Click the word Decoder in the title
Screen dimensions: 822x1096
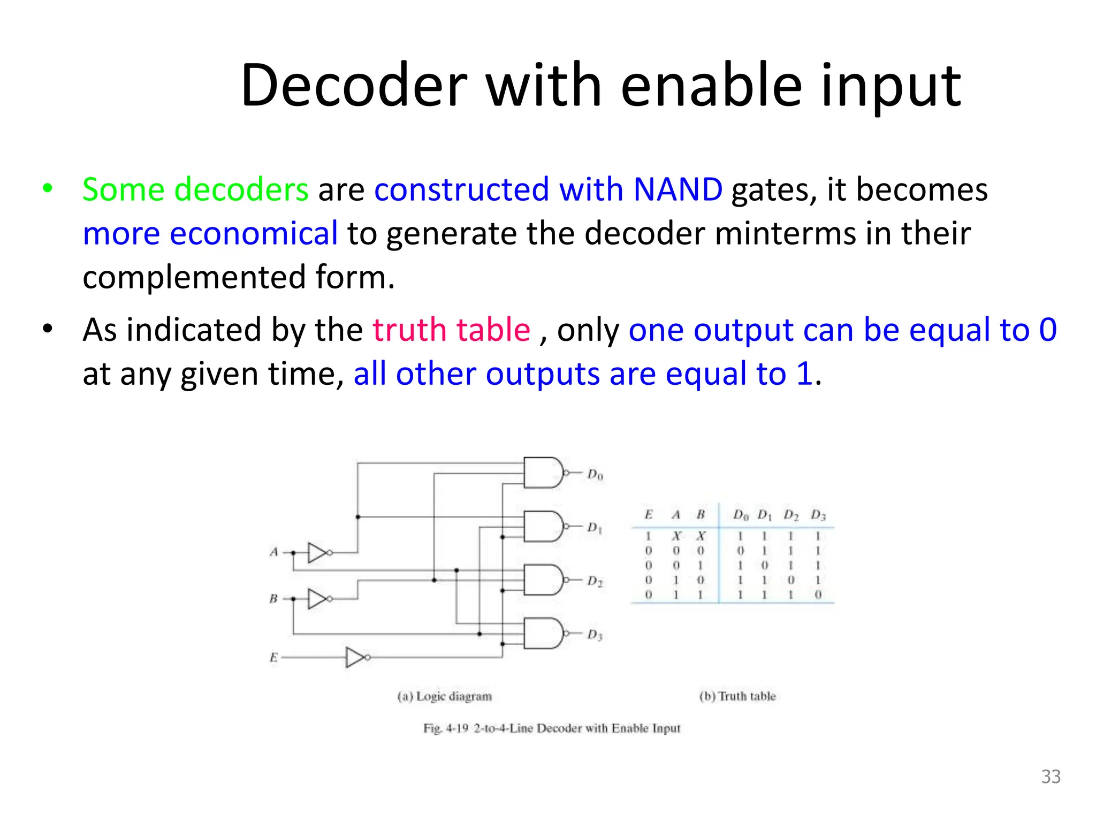click(x=354, y=86)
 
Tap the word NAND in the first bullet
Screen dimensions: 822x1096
click(x=678, y=189)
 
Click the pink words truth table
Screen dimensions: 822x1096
click(x=451, y=330)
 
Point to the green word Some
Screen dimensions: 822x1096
click(x=123, y=189)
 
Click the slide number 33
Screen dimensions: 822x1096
click(x=1051, y=777)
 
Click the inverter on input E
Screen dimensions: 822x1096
click(x=356, y=657)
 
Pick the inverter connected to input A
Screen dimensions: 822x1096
click(x=318, y=552)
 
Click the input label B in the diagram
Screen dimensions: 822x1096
click(x=273, y=599)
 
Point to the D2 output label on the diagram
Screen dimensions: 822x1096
click(x=595, y=581)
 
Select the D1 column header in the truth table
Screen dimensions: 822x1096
click(x=764, y=515)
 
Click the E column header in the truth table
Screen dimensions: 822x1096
click(x=649, y=515)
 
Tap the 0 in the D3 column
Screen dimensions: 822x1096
click(x=818, y=595)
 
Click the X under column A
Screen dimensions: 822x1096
click(x=676, y=536)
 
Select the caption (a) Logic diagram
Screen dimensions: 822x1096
click(x=444, y=696)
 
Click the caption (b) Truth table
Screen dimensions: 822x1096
click(x=737, y=696)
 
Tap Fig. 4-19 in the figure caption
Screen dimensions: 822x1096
click(x=446, y=728)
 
